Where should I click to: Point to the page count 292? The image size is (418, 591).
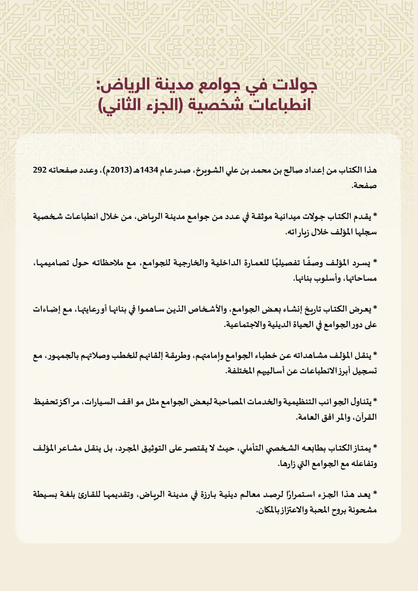pyautogui.click(x=40, y=170)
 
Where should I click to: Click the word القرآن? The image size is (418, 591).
pyautogui.click(x=366, y=417)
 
